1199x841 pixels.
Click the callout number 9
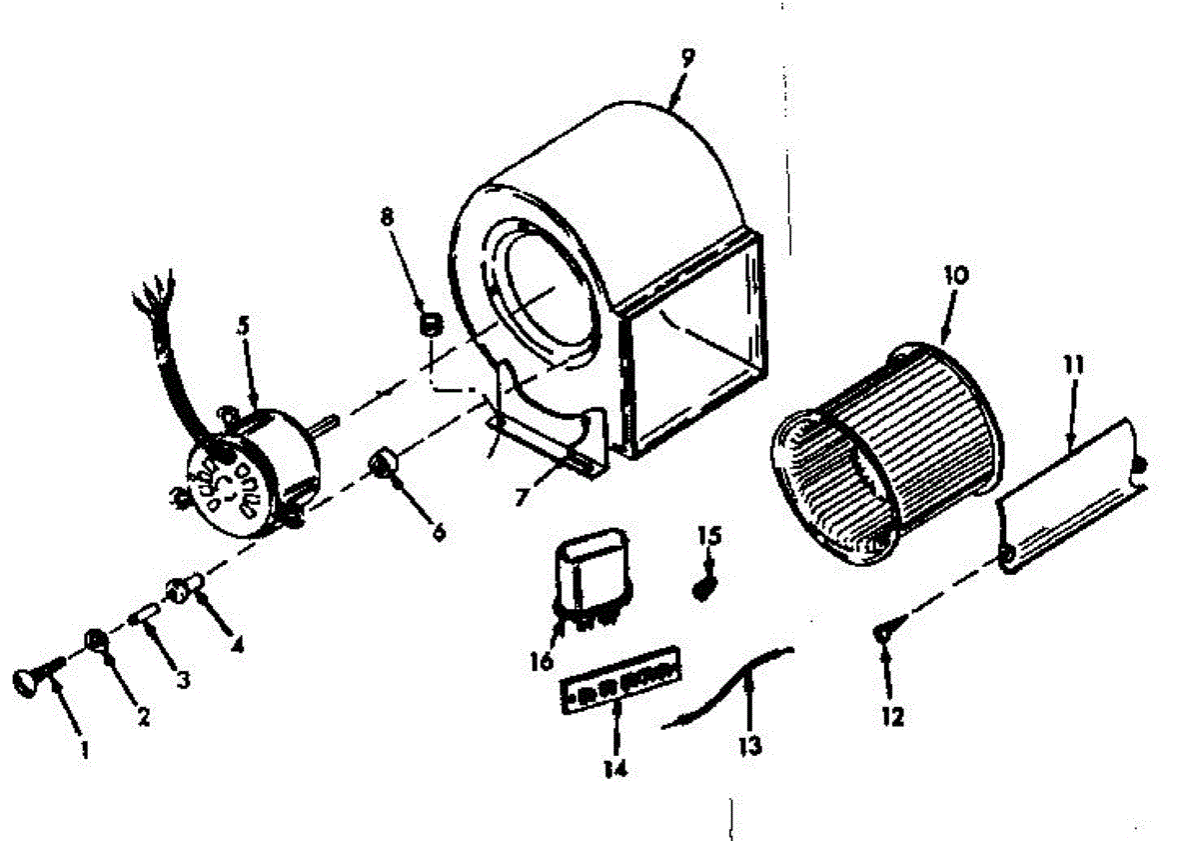[686, 57]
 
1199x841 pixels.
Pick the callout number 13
[750, 745]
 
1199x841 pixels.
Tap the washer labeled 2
[97, 641]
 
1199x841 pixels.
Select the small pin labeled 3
[142, 613]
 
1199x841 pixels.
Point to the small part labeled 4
[183, 586]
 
